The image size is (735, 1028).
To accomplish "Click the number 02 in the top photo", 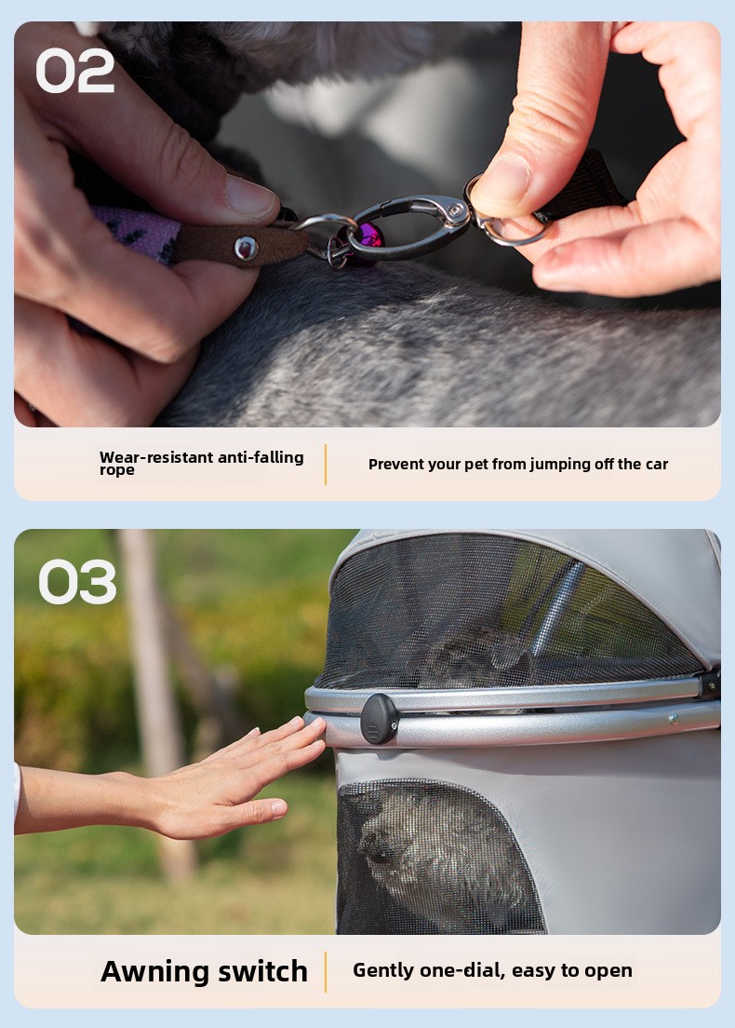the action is (x=74, y=71).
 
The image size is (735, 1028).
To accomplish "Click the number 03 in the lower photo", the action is (x=77, y=582).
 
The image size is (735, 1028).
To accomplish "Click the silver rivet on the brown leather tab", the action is (x=246, y=248).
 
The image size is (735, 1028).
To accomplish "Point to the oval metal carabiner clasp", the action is (x=408, y=226).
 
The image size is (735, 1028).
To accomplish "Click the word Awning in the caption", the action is (x=156, y=971).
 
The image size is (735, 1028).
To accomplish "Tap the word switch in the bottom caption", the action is (x=262, y=971).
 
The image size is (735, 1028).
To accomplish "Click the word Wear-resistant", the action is (x=156, y=457).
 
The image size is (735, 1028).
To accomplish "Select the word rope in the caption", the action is (x=116, y=471).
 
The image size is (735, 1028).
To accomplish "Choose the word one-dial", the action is (x=461, y=970).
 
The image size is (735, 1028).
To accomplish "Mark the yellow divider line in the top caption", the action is (x=326, y=464).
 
